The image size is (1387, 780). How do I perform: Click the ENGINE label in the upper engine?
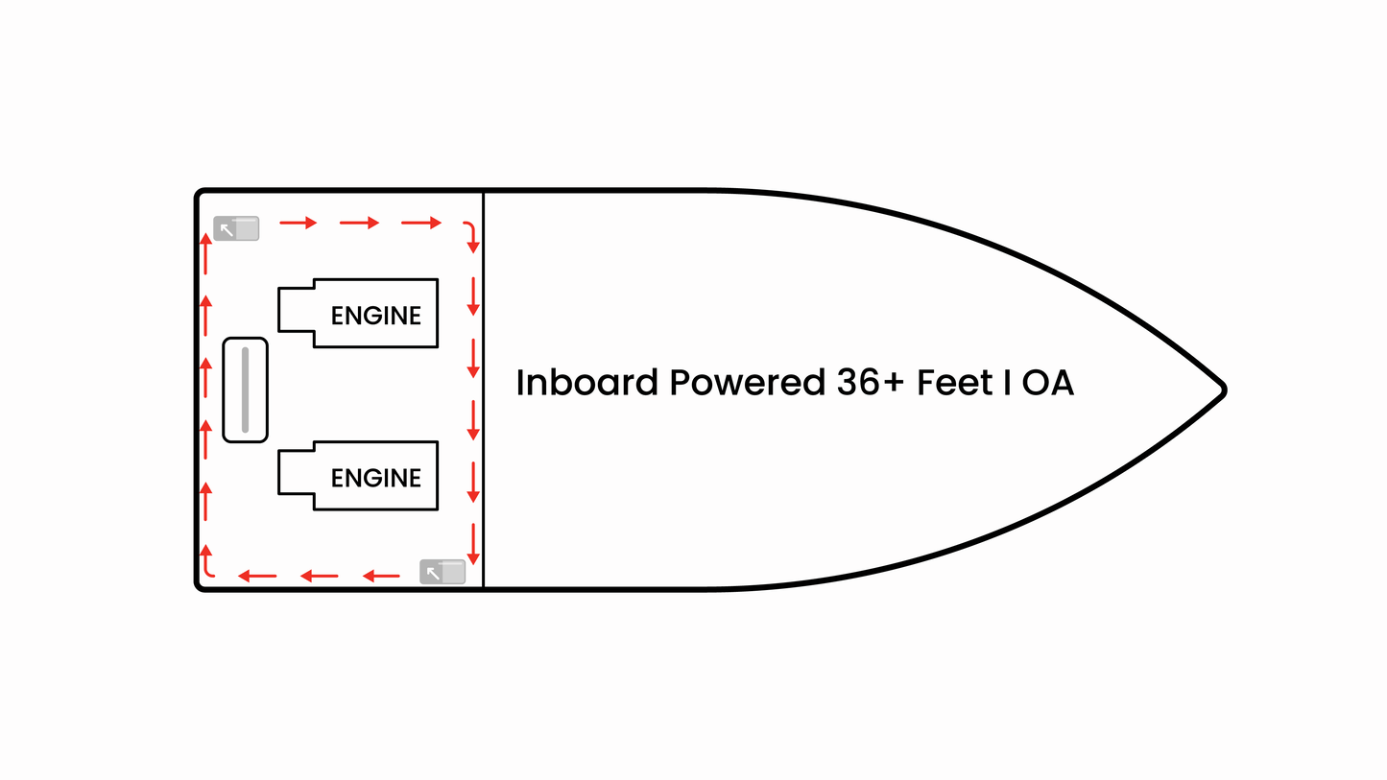pyautogui.click(x=375, y=316)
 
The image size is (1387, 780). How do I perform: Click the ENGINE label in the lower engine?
pyautogui.click(x=375, y=478)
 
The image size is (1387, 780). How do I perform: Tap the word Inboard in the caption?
pyautogui.click(x=586, y=383)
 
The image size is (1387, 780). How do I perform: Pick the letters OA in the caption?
pyautogui.click(x=1047, y=383)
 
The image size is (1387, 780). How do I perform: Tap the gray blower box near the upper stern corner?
pyautogui.click(x=236, y=228)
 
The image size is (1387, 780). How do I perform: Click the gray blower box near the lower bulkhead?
pyautogui.click(x=442, y=572)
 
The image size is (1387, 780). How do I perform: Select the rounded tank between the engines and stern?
pyautogui.click(x=245, y=390)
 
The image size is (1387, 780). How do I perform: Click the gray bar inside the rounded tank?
pyautogui.click(x=245, y=390)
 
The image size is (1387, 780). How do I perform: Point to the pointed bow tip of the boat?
pyautogui.click(x=1222, y=389)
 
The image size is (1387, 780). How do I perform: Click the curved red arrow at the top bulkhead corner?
pyautogui.click(x=468, y=233)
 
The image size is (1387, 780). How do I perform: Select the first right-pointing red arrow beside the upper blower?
pyautogui.click(x=298, y=223)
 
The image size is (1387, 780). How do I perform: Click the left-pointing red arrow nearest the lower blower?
pyautogui.click(x=381, y=576)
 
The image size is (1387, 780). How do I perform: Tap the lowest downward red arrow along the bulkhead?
pyautogui.click(x=473, y=545)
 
